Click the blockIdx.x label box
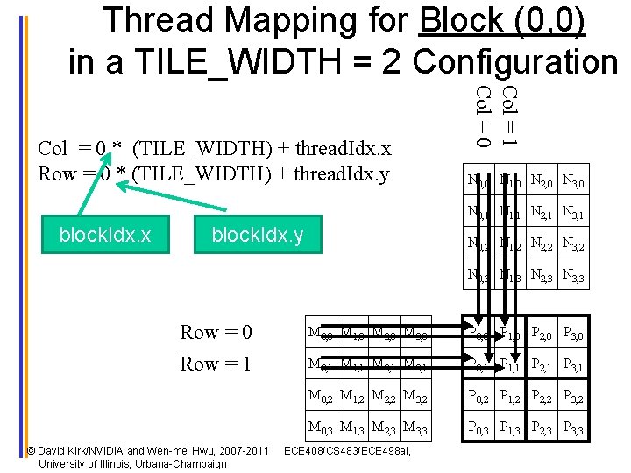coord(104,235)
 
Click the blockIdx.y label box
coord(258,235)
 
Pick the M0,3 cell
coord(321,429)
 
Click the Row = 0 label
coord(216,333)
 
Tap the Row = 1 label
coord(216,364)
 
